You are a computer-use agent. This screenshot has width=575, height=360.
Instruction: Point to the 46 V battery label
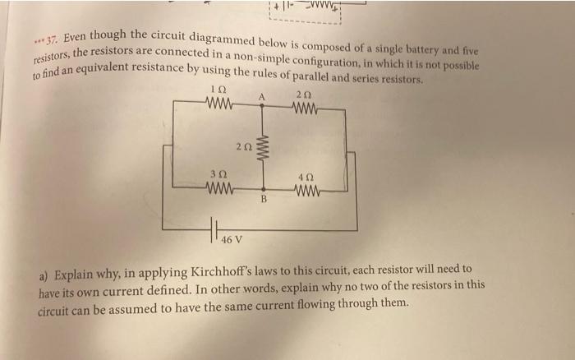[232, 240]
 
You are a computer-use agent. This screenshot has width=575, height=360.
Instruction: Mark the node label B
[264, 198]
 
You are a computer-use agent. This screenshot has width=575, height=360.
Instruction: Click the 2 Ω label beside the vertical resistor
[241, 146]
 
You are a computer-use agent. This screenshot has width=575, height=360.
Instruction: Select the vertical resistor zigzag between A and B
[264, 149]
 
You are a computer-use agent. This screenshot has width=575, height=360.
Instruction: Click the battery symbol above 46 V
[215, 228]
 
